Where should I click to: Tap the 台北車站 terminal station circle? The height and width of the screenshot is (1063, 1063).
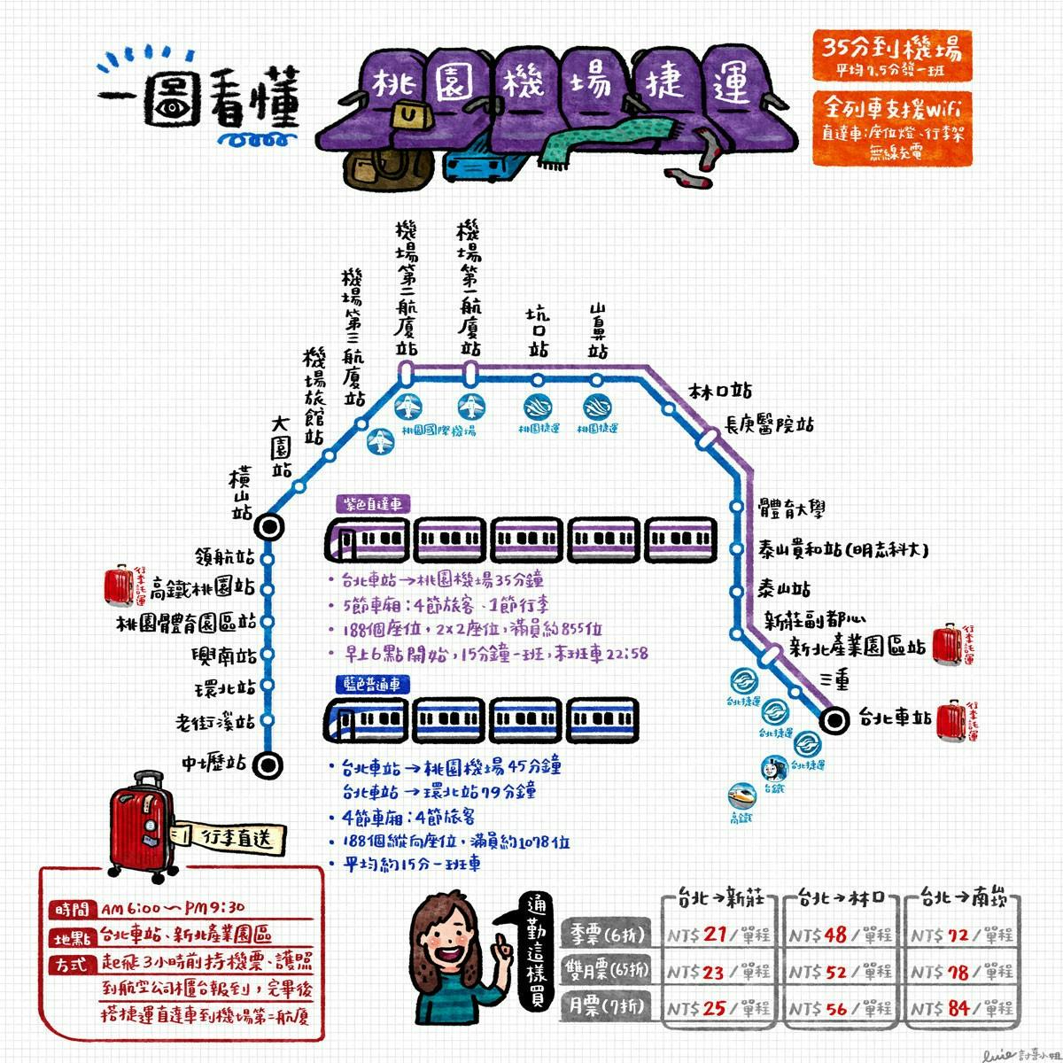(x=833, y=720)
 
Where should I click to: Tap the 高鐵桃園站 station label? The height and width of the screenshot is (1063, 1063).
(x=202, y=586)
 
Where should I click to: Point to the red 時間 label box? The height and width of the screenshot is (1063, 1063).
(x=72, y=909)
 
